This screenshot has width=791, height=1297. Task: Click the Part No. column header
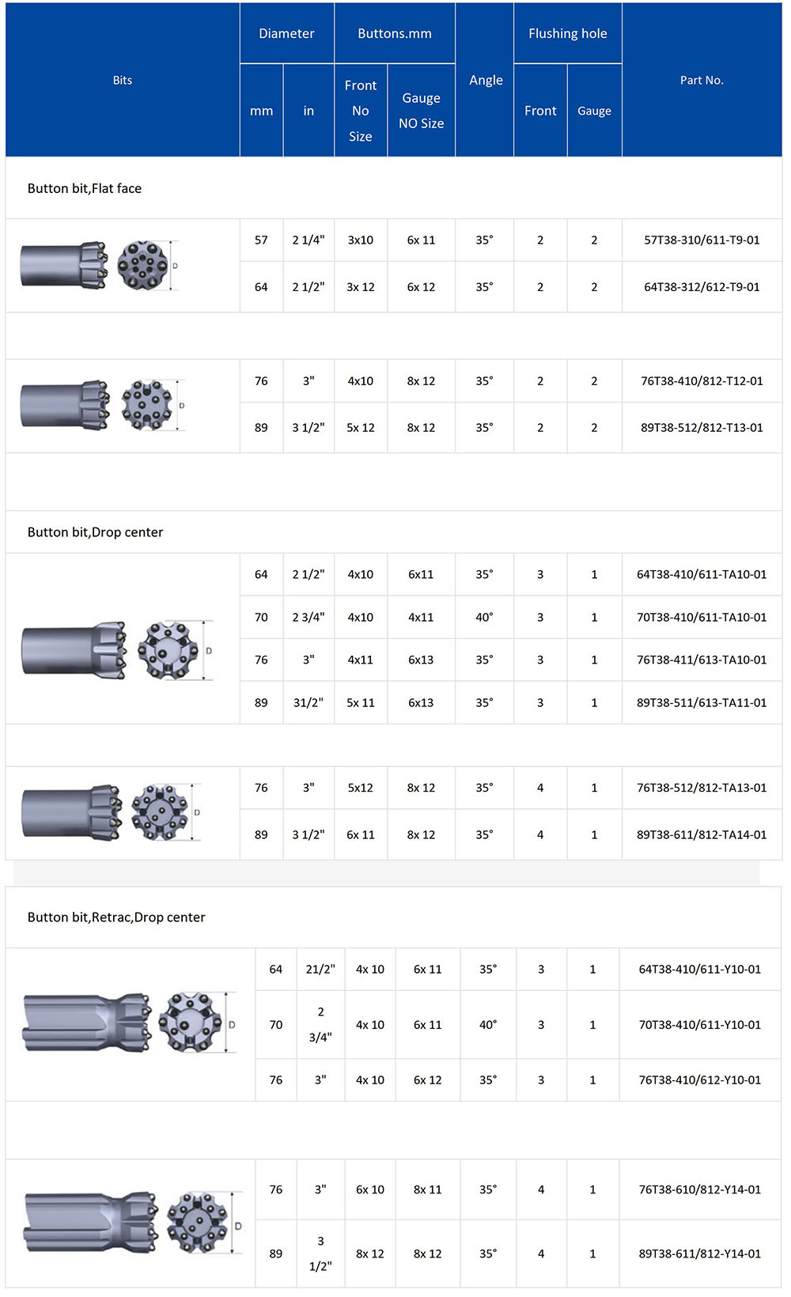(702, 80)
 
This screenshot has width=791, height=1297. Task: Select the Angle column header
(486, 80)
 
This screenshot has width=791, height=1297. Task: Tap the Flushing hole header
(567, 33)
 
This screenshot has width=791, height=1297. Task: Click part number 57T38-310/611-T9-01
(702, 240)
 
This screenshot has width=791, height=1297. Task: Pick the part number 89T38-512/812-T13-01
(702, 427)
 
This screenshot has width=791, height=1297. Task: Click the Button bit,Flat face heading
(85, 188)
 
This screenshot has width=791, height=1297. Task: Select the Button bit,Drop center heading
(95, 532)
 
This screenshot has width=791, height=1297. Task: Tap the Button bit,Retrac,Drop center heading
(116, 917)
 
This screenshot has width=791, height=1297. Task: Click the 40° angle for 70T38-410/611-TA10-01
(484, 617)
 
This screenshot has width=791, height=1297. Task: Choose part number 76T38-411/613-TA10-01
(702, 660)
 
